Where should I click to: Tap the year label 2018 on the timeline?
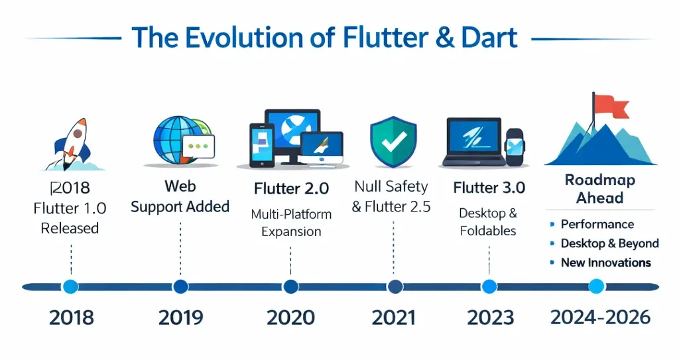click(x=71, y=318)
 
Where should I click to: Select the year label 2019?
click(x=180, y=318)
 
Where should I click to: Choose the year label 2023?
click(x=490, y=318)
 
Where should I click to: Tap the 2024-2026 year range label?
click(x=600, y=317)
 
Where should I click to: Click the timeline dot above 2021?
click(x=395, y=286)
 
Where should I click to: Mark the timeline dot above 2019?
click(x=180, y=286)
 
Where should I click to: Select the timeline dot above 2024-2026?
click(x=597, y=286)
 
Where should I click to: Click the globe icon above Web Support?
click(x=174, y=140)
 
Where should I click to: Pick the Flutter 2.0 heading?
click(x=291, y=188)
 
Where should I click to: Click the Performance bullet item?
click(x=597, y=224)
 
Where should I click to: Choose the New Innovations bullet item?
click(x=605, y=263)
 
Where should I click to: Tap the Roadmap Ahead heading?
click(x=599, y=189)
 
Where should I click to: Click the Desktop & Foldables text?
click(x=487, y=222)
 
